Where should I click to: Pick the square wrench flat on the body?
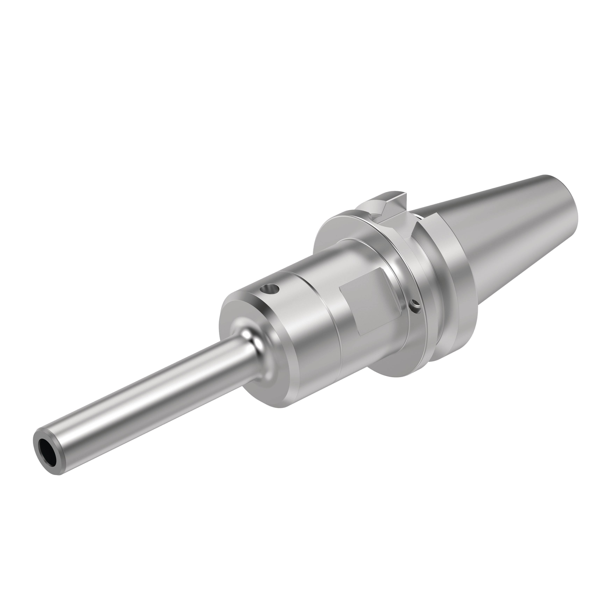(x=367, y=304)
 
